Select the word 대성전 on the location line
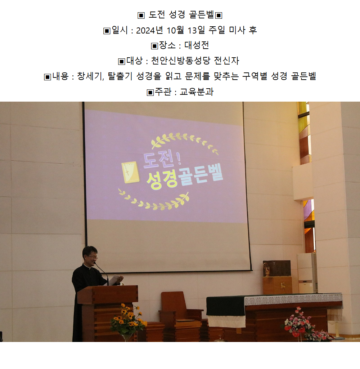pos(197,45)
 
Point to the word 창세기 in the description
pos(90,76)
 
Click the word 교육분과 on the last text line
pos(197,92)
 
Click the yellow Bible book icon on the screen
pos(130,172)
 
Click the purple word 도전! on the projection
pos(162,160)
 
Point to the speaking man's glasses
pos(93,257)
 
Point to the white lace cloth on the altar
pos(293,299)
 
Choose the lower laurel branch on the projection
pos(153,201)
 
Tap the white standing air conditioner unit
pos(307,273)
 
